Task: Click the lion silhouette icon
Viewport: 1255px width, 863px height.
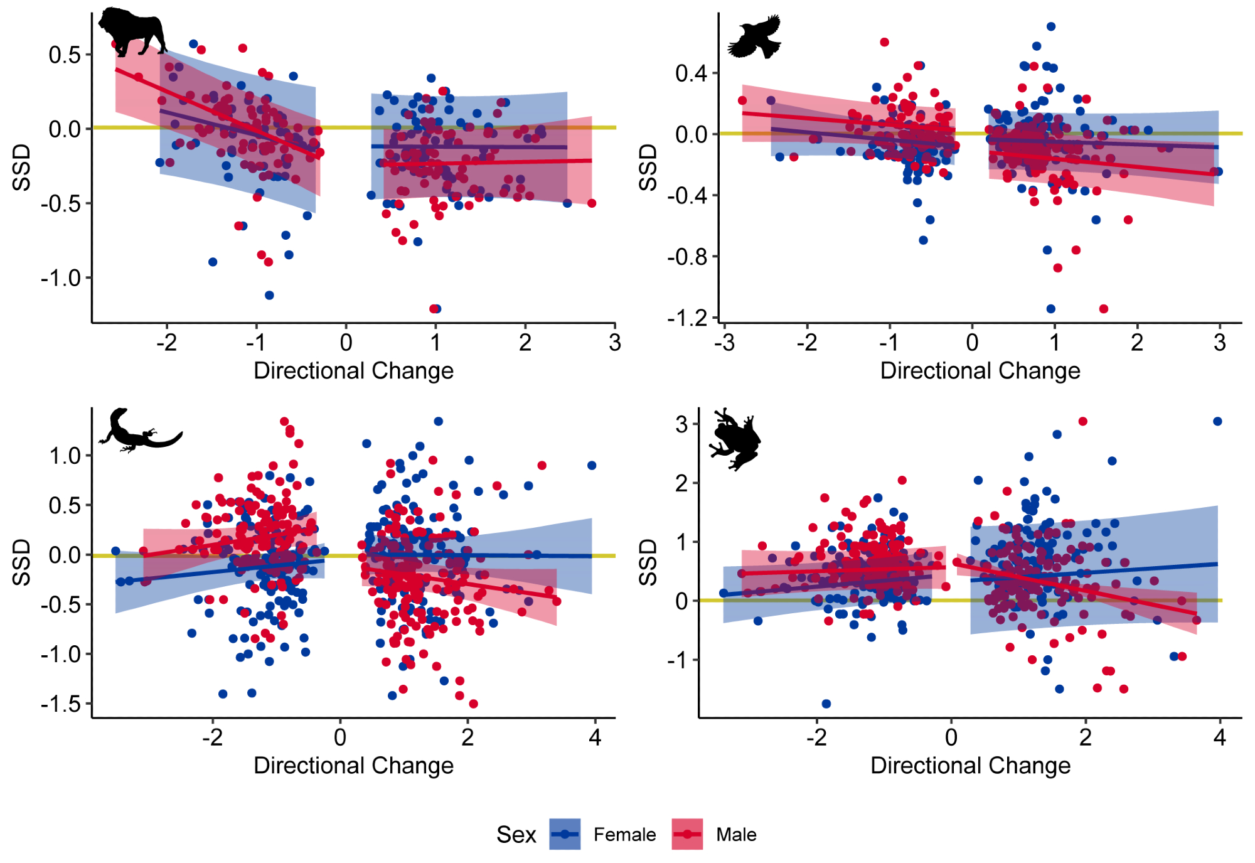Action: [x=132, y=31]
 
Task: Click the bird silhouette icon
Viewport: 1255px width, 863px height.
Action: [x=755, y=37]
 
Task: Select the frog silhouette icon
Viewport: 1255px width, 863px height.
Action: [x=735, y=439]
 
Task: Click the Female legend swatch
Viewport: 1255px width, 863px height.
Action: [x=564, y=834]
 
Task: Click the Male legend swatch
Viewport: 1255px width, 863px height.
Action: [x=687, y=834]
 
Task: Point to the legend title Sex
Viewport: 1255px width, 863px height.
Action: [x=516, y=835]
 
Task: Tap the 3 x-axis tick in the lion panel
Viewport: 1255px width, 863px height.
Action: [x=615, y=343]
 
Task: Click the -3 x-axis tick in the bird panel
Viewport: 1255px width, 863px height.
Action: [x=724, y=343]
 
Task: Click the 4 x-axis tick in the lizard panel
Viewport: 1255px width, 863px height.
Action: [x=595, y=737]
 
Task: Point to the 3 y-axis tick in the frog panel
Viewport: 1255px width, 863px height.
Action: [x=682, y=424]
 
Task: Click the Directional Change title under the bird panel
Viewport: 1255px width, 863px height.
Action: [x=980, y=371]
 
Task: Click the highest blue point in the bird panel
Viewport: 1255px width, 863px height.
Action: [x=1051, y=26]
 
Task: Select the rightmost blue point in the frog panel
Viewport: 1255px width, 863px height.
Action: [x=1217, y=421]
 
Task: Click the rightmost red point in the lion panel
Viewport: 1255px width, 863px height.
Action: [x=592, y=203]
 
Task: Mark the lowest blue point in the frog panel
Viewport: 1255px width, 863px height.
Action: [x=826, y=704]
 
